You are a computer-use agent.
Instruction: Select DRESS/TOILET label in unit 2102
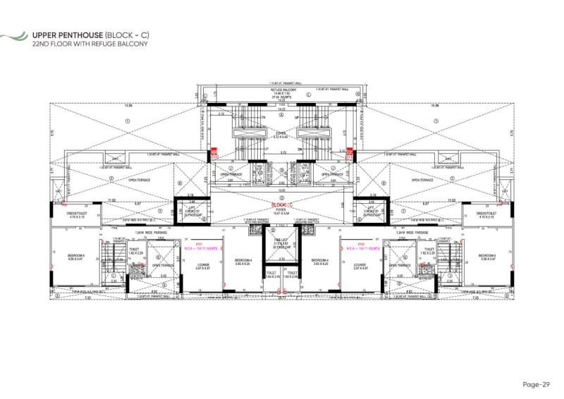(487, 215)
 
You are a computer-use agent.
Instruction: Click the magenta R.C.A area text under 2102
(361, 249)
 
